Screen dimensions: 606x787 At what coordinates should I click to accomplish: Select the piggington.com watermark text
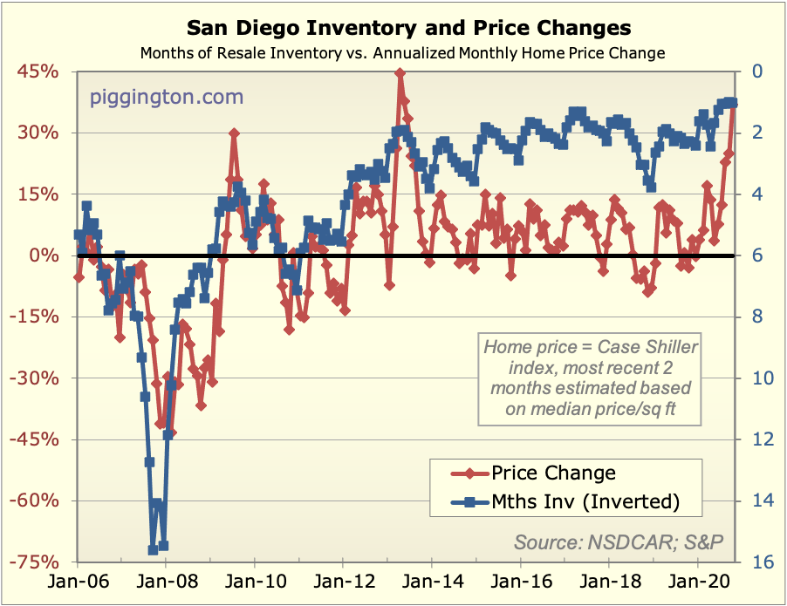click(167, 97)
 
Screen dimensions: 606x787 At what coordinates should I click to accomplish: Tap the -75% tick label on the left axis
click(35, 562)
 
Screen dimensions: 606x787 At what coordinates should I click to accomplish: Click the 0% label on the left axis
click(44, 255)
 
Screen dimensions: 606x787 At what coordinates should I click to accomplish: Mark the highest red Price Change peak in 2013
click(400, 73)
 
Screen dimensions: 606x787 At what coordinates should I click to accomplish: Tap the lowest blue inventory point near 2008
click(154, 549)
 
